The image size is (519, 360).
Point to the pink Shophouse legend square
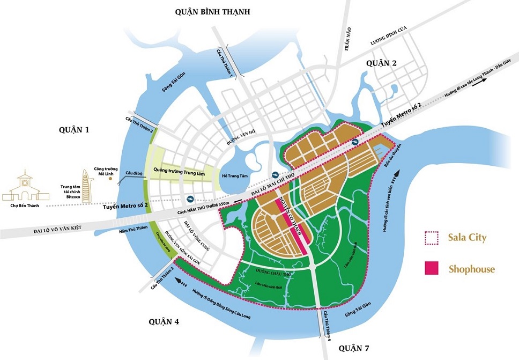(432, 268)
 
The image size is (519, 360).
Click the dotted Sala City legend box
(432, 237)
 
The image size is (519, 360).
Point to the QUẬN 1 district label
(73, 130)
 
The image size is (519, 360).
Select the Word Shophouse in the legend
(471, 269)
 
